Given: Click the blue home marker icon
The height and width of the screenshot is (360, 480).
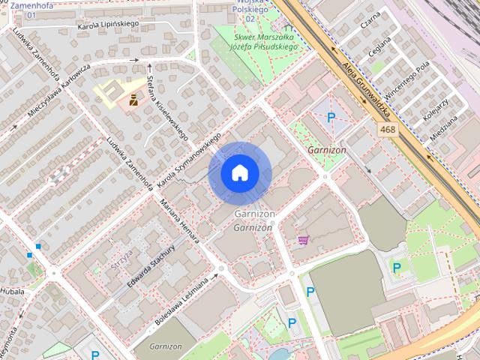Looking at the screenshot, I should point(239,172).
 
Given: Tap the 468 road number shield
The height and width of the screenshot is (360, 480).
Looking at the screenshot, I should point(387,130).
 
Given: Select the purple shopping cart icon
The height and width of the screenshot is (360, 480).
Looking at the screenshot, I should point(303,240).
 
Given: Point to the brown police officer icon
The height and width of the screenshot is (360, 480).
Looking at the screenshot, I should point(133,98).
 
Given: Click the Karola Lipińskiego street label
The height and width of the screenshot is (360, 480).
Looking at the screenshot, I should point(109,26).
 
